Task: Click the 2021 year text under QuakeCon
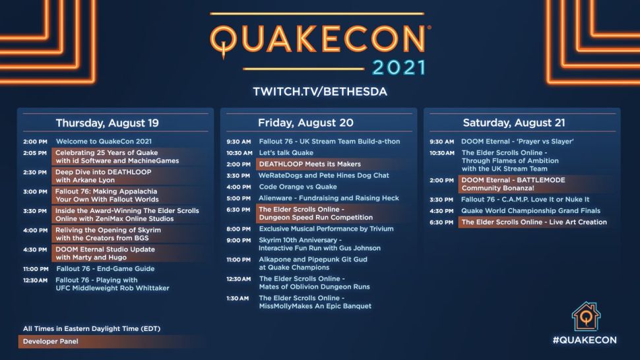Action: click(399, 67)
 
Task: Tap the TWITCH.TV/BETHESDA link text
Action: click(319, 91)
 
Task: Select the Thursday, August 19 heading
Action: click(107, 123)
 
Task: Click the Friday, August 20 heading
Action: click(305, 123)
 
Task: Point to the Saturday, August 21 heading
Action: click(513, 123)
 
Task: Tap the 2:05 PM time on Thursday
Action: click(35, 152)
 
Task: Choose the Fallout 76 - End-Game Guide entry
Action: click(105, 269)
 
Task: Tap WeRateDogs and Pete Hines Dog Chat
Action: click(324, 175)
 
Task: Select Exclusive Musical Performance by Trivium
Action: click(326, 229)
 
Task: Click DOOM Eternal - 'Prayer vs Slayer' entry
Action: click(517, 142)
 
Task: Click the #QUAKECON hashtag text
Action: click(585, 340)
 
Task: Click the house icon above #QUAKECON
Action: click(585, 316)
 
